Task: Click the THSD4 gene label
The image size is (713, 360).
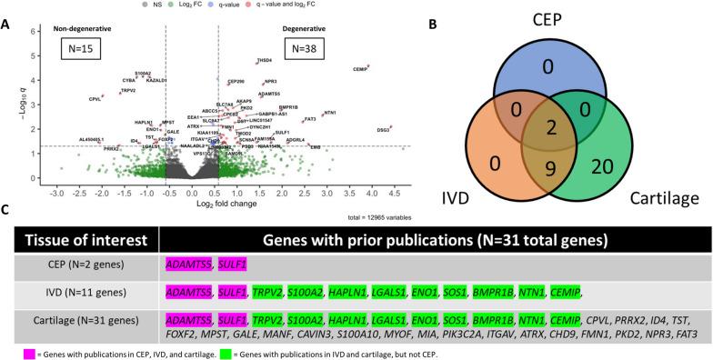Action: pyautogui.click(x=265, y=60)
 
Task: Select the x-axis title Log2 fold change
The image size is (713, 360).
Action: pyautogui.click(x=225, y=205)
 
